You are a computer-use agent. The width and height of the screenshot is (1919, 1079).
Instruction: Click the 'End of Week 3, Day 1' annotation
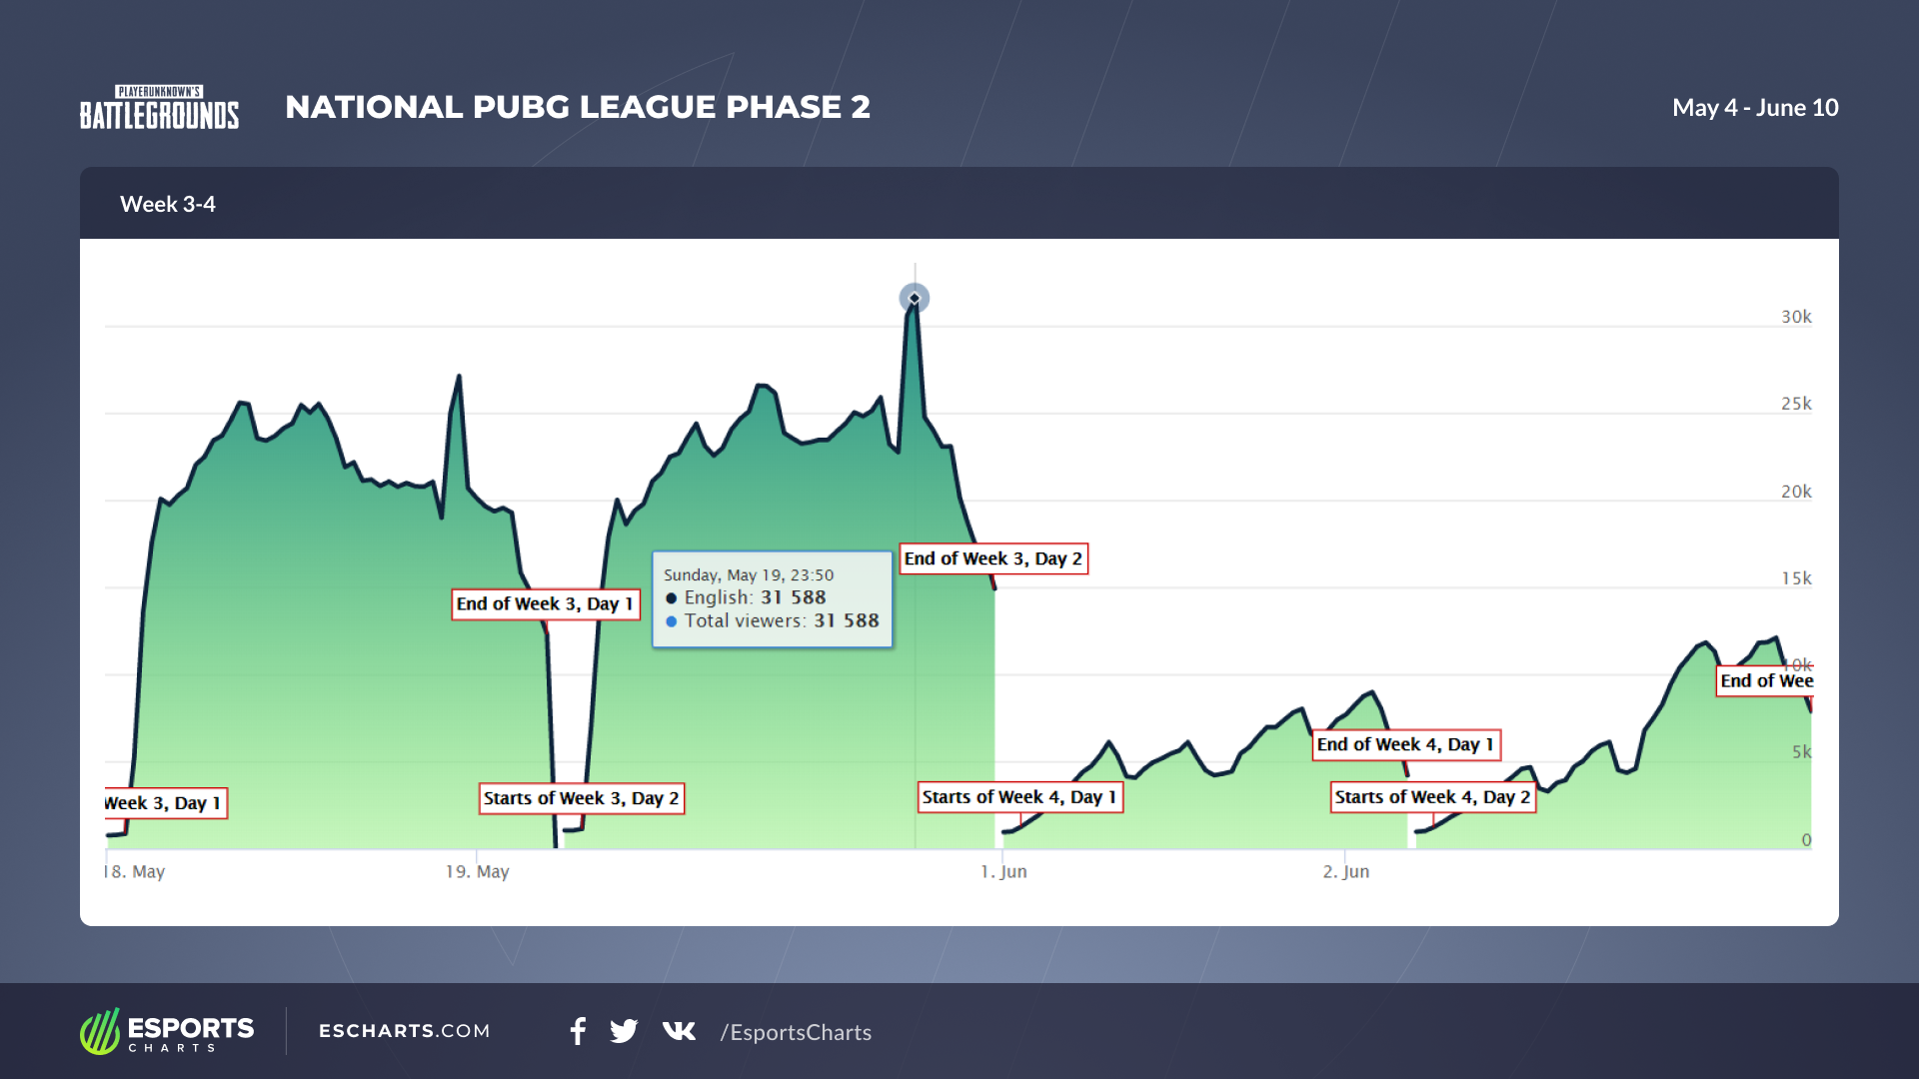[546, 604]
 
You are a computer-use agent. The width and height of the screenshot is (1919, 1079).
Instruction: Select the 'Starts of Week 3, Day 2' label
[582, 798]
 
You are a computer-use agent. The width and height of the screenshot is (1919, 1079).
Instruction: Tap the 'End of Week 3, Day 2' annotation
[993, 559]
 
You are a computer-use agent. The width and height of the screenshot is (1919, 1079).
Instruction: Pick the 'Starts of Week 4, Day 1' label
[1020, 797]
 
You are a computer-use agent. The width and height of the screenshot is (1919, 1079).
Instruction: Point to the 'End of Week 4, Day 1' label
[1405, 745]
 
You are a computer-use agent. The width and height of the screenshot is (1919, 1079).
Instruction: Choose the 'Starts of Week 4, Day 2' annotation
[1432, 797]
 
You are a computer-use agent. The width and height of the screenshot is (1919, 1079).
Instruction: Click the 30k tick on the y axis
[1796, 317]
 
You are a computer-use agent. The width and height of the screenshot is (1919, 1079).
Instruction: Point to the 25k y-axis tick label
[1796, 404]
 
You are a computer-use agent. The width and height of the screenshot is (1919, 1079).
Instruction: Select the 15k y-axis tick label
[1796, 578]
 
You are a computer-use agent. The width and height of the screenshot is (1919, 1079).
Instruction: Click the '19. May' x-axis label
[477, 872]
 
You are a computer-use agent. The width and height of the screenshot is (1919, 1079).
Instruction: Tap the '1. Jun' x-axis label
[1003, 872]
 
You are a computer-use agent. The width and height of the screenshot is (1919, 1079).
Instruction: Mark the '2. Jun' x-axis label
[1346, 872]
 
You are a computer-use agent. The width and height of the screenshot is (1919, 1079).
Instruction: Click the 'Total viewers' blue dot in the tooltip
[672, 621]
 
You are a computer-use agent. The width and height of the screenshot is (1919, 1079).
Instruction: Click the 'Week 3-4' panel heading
[168, 204]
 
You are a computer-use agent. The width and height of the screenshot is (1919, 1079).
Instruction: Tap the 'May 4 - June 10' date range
[1755, 108]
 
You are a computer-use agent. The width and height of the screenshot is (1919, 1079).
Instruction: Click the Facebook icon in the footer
[578, 1031]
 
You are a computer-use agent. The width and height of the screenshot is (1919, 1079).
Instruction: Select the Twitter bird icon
[624, 1031]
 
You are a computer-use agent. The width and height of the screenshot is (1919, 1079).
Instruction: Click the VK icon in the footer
[679, 1031]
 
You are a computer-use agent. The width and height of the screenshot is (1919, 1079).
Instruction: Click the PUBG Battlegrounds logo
[160, 108]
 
